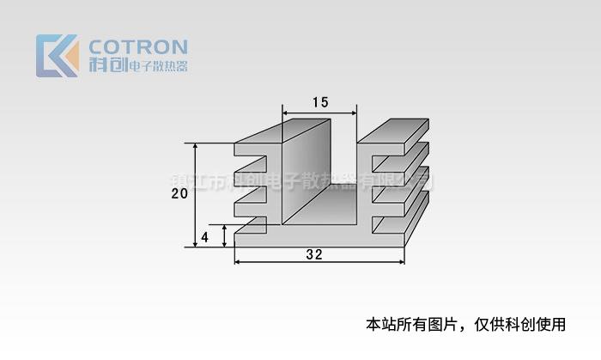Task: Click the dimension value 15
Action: (320, 102)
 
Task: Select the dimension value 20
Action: (179, 194)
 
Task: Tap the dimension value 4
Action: (204, 236)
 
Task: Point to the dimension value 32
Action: (314, 255)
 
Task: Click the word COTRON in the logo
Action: (138, 46)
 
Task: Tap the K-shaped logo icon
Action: (58, 56)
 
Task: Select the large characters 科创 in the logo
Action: (107, 66)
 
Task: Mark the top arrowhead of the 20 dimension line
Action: (196, 147)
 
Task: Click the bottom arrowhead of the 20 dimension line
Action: (196, 243)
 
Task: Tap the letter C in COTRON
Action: (99, 46)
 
